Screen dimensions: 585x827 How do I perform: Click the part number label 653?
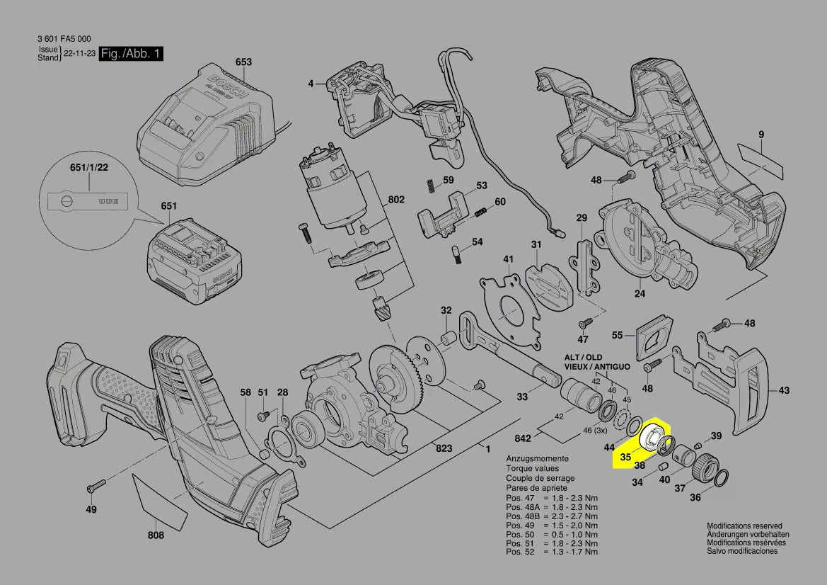(243, 62)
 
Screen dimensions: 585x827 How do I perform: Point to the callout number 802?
(395, 200)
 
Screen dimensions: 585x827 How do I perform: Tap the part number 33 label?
(522, 397)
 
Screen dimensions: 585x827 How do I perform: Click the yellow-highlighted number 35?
(625, 458)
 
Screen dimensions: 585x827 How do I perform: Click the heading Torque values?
(532, 469)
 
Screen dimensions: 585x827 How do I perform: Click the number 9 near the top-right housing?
(761, 135)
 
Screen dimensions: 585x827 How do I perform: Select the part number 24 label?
(640, 293)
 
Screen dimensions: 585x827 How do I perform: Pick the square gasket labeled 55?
(655, 336)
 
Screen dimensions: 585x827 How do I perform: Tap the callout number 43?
(784, 390)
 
